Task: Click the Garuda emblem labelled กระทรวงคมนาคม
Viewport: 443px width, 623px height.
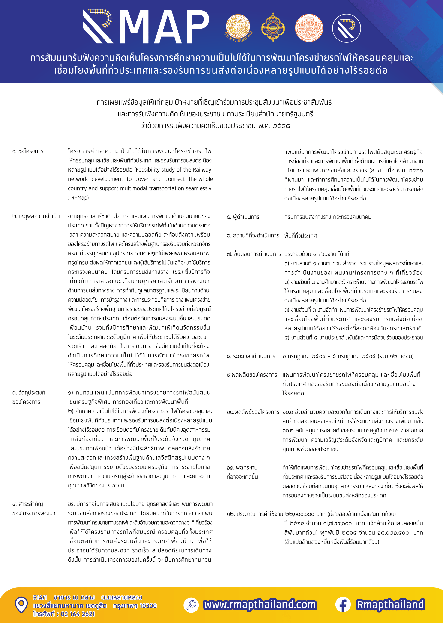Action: [238, 28]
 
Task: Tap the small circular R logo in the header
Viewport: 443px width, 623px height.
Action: [346, 28]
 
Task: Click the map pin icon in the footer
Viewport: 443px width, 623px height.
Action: [21, 605]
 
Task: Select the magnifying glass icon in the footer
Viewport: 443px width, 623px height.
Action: [191, 605]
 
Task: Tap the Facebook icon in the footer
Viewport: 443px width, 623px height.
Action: [343, 605]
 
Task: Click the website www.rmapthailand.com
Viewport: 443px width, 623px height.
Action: [260, 605]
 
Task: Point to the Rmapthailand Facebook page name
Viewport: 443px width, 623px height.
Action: [390, 605]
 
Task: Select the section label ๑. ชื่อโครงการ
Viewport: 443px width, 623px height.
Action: [28, 151]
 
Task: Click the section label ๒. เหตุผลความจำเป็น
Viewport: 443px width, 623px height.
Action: [36, 216]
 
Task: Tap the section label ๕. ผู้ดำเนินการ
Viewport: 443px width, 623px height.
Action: [243, 217]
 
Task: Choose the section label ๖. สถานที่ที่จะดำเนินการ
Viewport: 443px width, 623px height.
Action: [253, 236]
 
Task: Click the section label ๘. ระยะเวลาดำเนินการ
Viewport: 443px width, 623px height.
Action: [251, 356]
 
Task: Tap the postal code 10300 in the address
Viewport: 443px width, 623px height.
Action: [148, 606]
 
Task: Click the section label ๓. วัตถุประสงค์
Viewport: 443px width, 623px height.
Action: [29, 393]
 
